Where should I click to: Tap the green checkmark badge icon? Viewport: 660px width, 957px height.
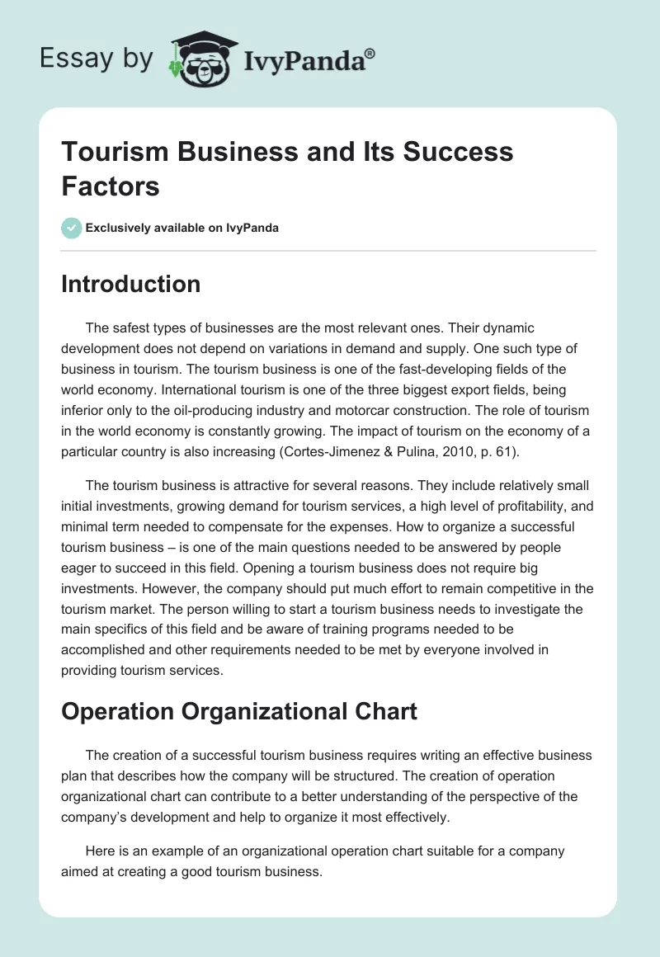click(x=72, y=228)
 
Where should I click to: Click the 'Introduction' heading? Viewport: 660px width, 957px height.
click(x=131, y=284)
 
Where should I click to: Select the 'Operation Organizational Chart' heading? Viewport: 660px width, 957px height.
click(x=239, y=710)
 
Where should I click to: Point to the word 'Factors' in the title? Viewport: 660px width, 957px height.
click(x=111, y=186)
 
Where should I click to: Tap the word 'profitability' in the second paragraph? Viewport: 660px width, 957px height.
click(x=478, y=505)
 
